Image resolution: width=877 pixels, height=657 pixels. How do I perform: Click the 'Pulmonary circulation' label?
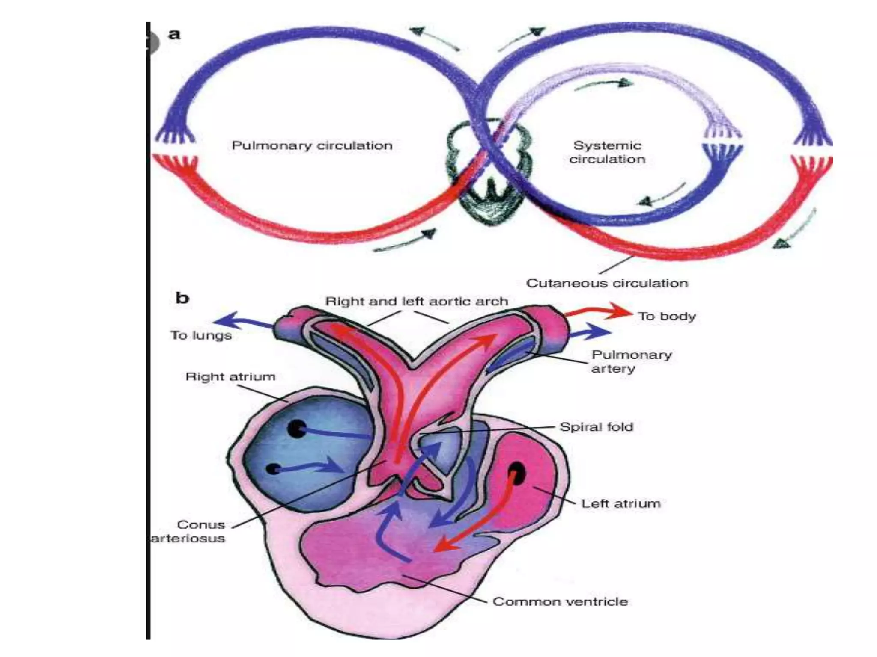click(312, 145)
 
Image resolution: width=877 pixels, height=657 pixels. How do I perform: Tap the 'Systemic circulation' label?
click(607, 152)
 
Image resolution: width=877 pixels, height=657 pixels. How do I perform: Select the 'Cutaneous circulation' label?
click(607, 283)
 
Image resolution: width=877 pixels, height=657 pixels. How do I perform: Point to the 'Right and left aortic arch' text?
click(416, 301)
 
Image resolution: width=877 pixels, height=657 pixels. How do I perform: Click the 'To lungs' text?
click(201, 335)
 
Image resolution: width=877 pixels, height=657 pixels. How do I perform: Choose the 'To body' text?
click(667, 317)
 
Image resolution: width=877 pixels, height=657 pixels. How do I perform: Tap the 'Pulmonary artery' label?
click(631, 361)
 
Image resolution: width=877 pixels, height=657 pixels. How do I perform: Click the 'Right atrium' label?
click(230, 377)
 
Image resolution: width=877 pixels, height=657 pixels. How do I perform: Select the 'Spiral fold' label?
click(596, 427)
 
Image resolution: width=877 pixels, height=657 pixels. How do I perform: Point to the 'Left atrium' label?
click(620, 503)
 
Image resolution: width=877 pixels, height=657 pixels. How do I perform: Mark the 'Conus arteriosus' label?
click(195, 531)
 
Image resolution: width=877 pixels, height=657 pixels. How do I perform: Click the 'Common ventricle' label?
click(560, 601)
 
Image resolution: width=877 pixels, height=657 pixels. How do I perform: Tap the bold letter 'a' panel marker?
click(174, 34)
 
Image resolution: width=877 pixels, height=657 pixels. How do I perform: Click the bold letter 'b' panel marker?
click(182, 298)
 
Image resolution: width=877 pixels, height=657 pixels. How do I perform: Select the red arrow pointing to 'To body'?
click(600, 311)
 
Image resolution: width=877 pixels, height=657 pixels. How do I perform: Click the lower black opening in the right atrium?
click(272, 469)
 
